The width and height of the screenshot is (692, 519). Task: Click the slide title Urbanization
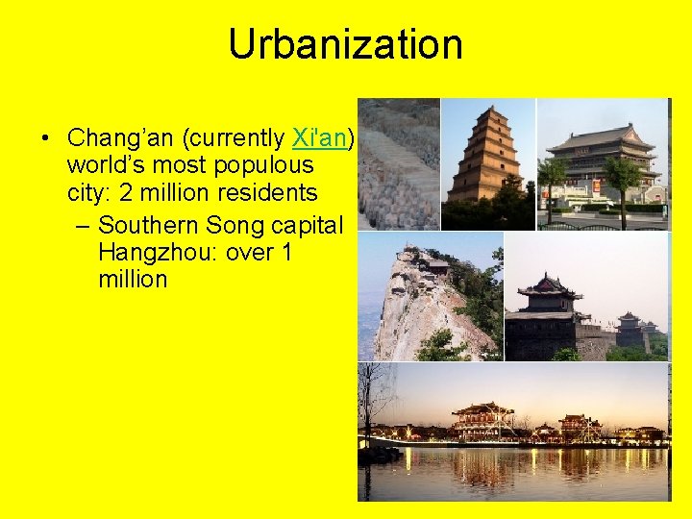[345, 45]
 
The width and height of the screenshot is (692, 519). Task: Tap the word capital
[307, 226]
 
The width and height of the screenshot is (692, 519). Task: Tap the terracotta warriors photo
[399, 163]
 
